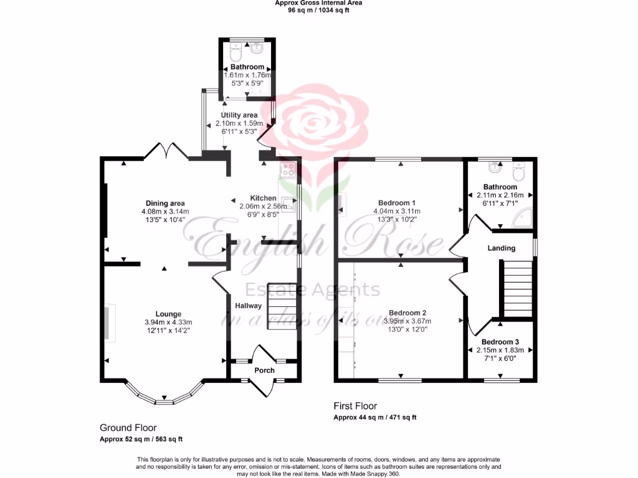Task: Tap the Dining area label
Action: (x=165, y=204)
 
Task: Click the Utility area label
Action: (x=240, y=115)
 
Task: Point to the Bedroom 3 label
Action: (x=500, y=342)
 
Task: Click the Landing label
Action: (x=502, y=248)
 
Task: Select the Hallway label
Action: (x=249, y=306)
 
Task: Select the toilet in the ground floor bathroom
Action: (x=236, y=49)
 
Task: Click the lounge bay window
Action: (x=164, y=398)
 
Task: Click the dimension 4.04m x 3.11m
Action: (x=397, y=211)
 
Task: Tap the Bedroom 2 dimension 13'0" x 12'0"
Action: (x=407, y=329)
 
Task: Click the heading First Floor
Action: (x=355, y=406)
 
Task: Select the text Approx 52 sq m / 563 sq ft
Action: (x=141, y=439)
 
